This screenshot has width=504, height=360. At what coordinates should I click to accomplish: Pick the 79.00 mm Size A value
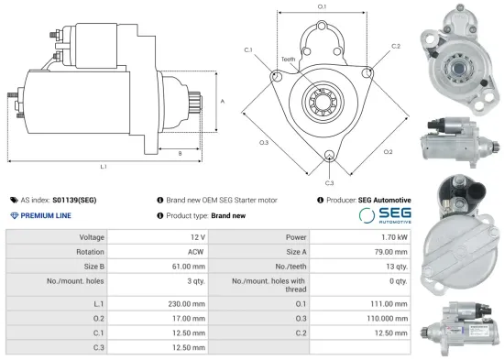click(x=386, y=252)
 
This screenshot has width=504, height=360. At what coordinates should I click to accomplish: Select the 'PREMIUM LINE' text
click(x=46, y=214)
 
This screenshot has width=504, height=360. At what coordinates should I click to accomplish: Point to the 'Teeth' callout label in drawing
click(x=288, y=59)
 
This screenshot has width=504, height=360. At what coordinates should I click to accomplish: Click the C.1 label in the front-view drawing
click(x=248, y=50)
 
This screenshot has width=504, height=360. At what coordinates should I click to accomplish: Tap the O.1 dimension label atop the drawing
click(x=321, y=7)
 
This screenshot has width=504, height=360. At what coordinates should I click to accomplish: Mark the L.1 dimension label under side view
click(x=104, y=167)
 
